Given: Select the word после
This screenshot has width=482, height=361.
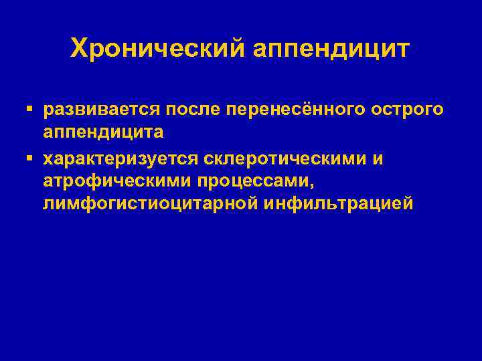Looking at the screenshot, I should point(194,109).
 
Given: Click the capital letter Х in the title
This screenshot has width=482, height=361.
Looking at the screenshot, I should point(78,48).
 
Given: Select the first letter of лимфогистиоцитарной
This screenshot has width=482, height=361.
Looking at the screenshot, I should point(48,204).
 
